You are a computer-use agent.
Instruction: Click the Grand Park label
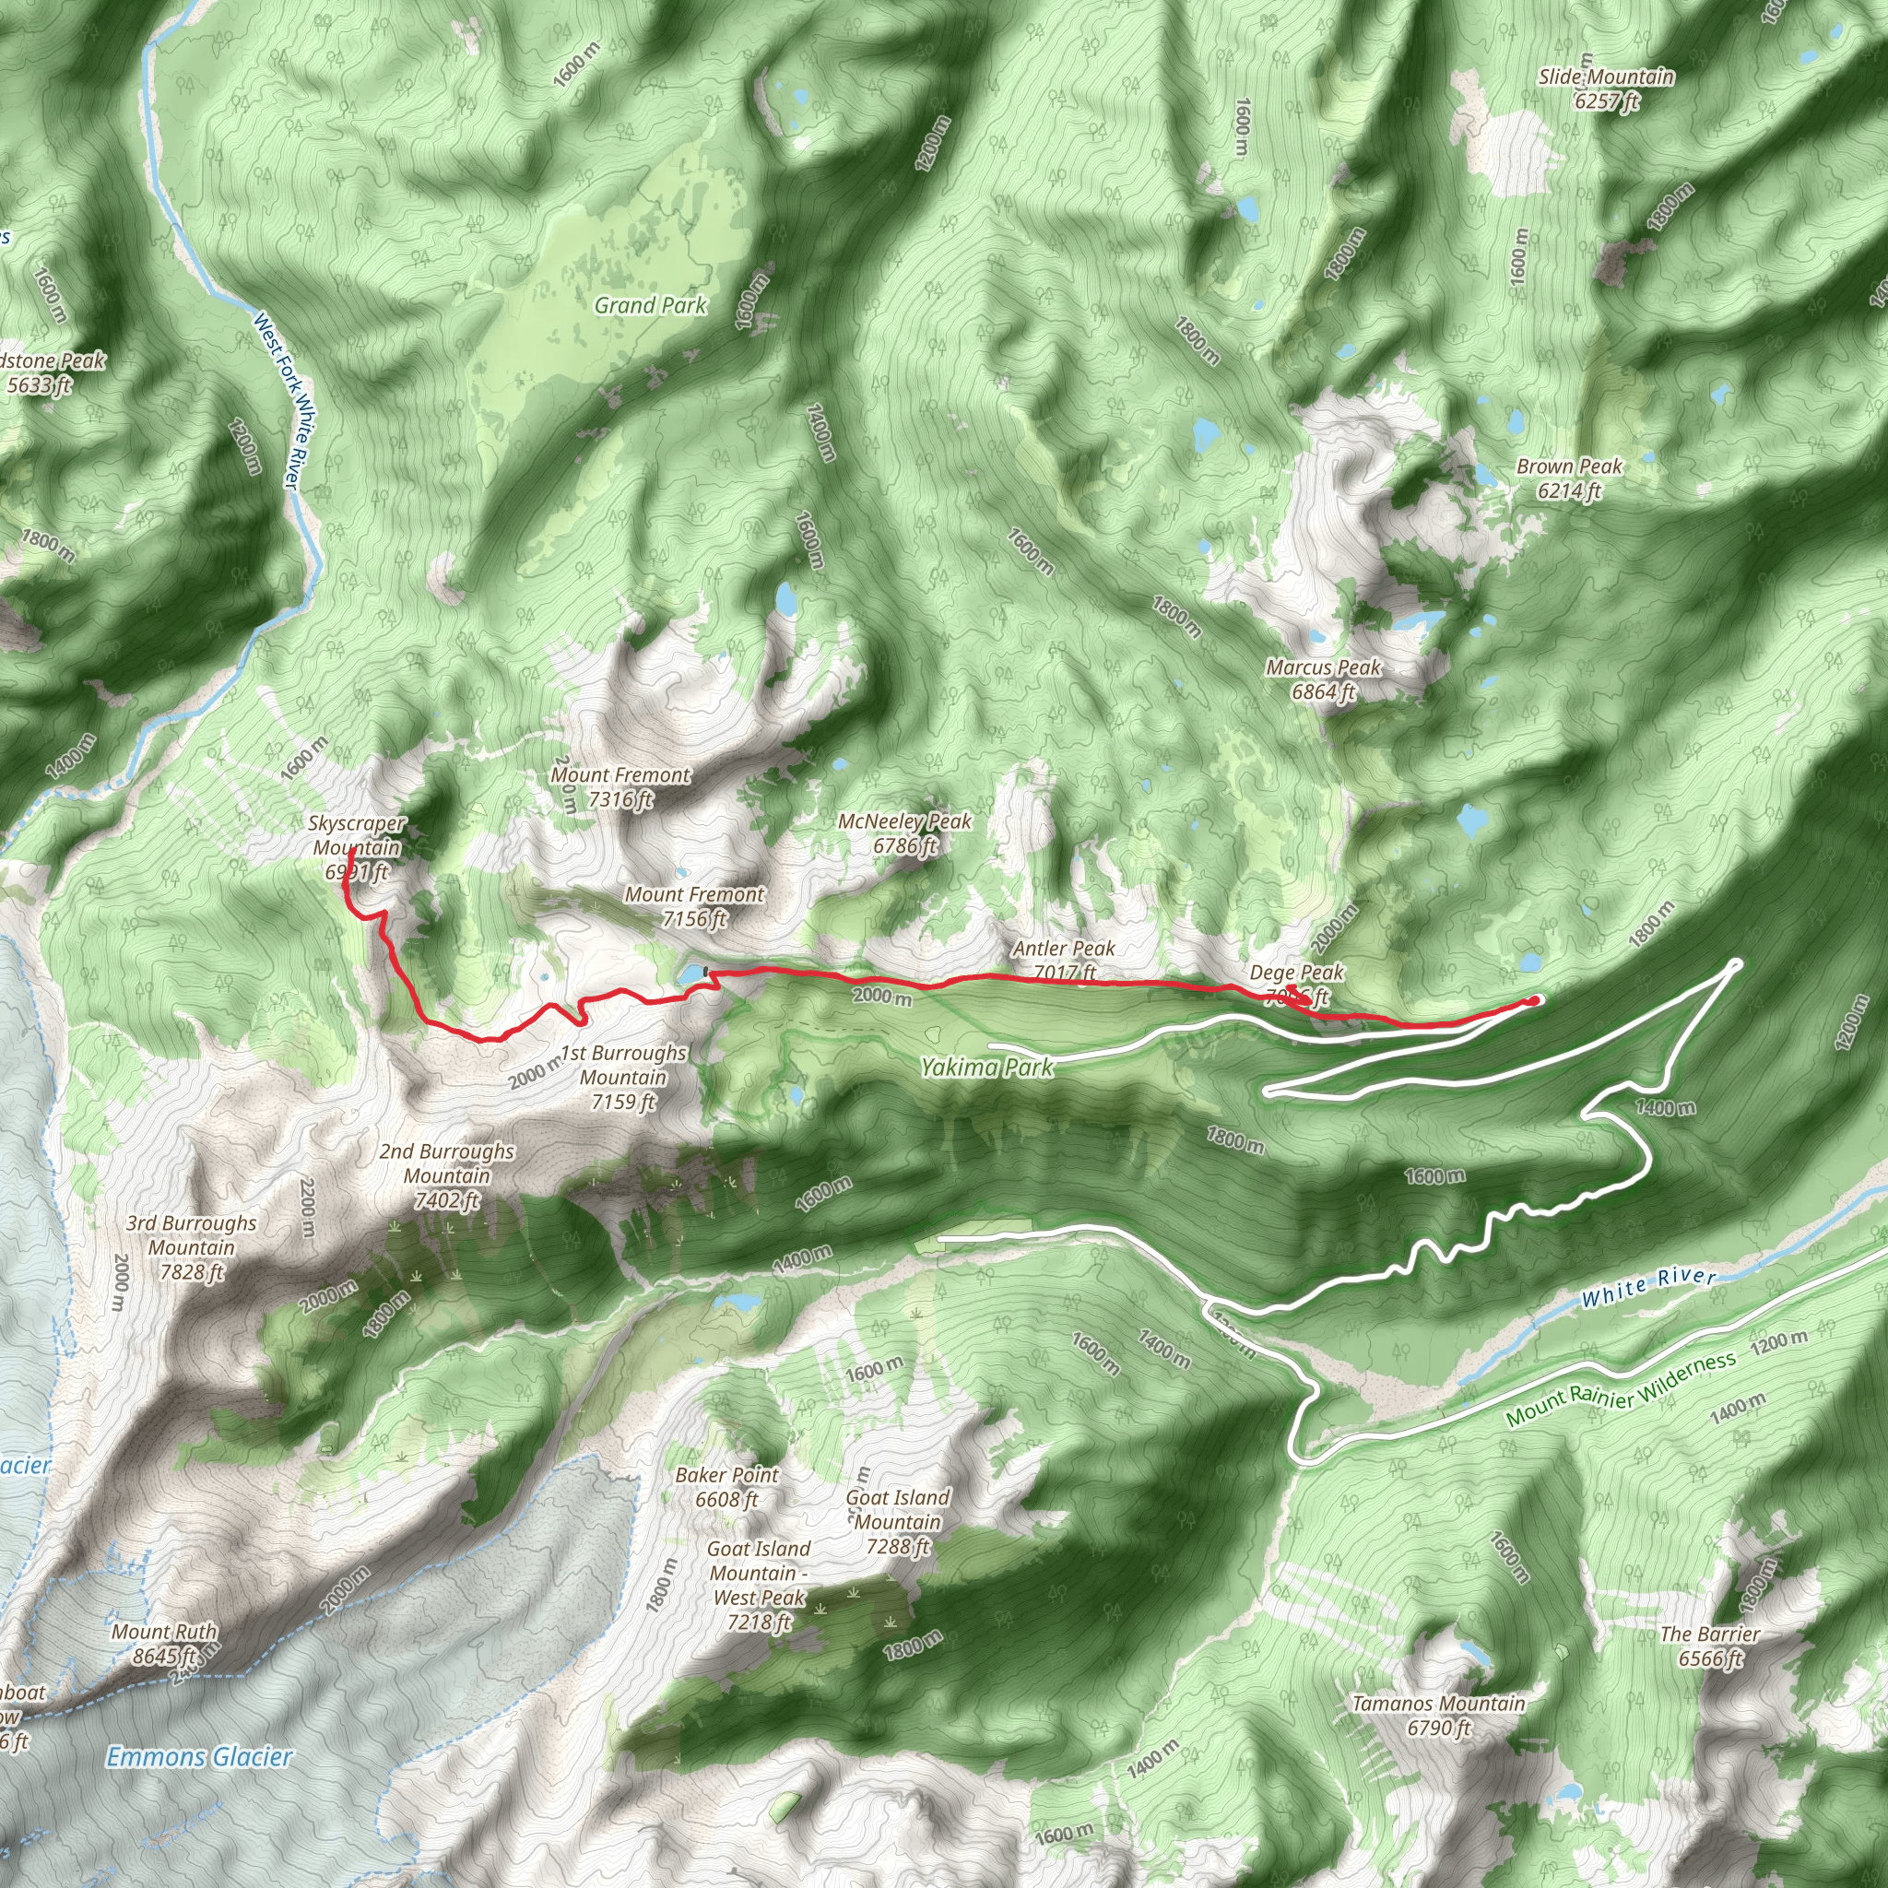click(650, 306)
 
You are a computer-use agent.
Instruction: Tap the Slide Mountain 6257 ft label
click(1606, 88)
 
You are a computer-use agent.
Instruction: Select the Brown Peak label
click(1568, 478)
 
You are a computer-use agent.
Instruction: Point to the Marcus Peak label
click(1323, 679)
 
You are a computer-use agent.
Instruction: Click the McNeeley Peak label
click(904, 833)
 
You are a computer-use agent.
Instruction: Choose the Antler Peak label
click(1063, 960)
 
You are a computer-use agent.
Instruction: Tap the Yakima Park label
click(987, 1068)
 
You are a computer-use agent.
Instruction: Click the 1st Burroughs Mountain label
click(623, 1077)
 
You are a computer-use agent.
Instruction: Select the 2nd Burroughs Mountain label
click(446, 1175)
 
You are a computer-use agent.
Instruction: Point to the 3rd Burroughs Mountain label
click(192, 1247)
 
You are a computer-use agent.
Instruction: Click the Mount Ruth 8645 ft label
click(164, 1643)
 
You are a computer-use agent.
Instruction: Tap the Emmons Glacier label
click(199, 1757)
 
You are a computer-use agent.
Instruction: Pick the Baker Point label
click(727, 1486)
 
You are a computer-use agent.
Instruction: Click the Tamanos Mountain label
click(1438, 1715)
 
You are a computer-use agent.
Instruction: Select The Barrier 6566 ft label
click(1709, 1646)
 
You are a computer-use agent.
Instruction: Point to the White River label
click(1648, 1287)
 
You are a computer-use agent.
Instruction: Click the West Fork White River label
click(277, 401)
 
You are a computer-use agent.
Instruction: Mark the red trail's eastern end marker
click(1535, 999)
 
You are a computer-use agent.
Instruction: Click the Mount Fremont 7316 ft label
click(620, 786)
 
